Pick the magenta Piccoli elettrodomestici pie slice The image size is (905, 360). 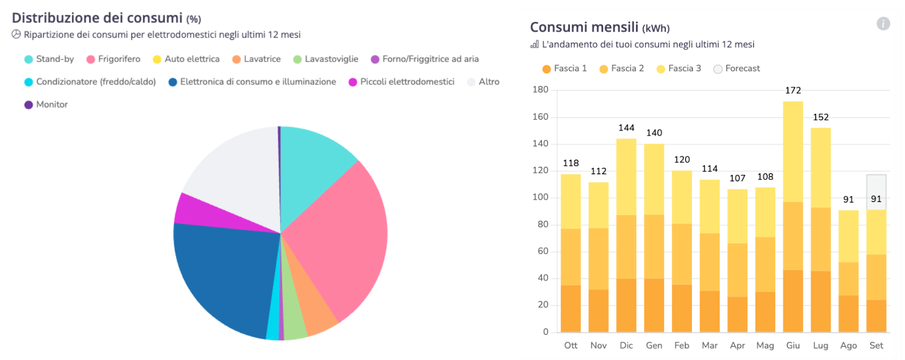point(202,212)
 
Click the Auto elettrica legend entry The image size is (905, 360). point(186,59)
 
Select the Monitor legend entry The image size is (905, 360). point(46,105)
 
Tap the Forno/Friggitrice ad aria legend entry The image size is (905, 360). point(424,59)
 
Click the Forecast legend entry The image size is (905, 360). point(737,69)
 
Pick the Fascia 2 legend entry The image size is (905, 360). point(622,69)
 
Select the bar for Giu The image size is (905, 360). point(793,218)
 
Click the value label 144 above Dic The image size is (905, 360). point(626,128)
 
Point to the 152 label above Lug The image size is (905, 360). point(821,117)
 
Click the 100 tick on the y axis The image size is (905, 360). point(540,197)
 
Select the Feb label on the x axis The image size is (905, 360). point(682,345)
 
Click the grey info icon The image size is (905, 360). point(883,23)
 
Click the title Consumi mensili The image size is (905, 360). point(584,27)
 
